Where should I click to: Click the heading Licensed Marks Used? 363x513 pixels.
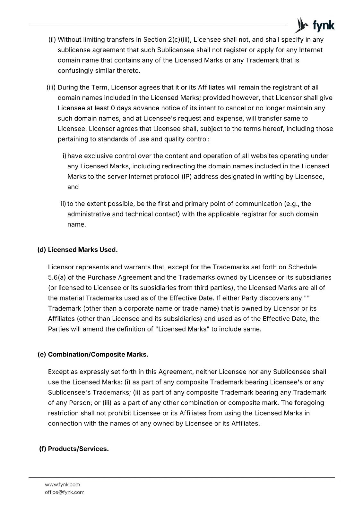(82, 250)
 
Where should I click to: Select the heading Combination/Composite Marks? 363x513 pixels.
(98, 355)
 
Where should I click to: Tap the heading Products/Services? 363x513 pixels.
(78, 449)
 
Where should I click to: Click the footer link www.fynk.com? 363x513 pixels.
(63, 484)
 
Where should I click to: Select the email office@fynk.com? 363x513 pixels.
(65, 492)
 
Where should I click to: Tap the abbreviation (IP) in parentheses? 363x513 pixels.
(187, 176)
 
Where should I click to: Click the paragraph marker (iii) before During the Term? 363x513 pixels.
(51, 88)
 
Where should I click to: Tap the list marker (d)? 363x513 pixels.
(42, 250)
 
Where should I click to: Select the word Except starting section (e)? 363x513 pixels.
(58, 372)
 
